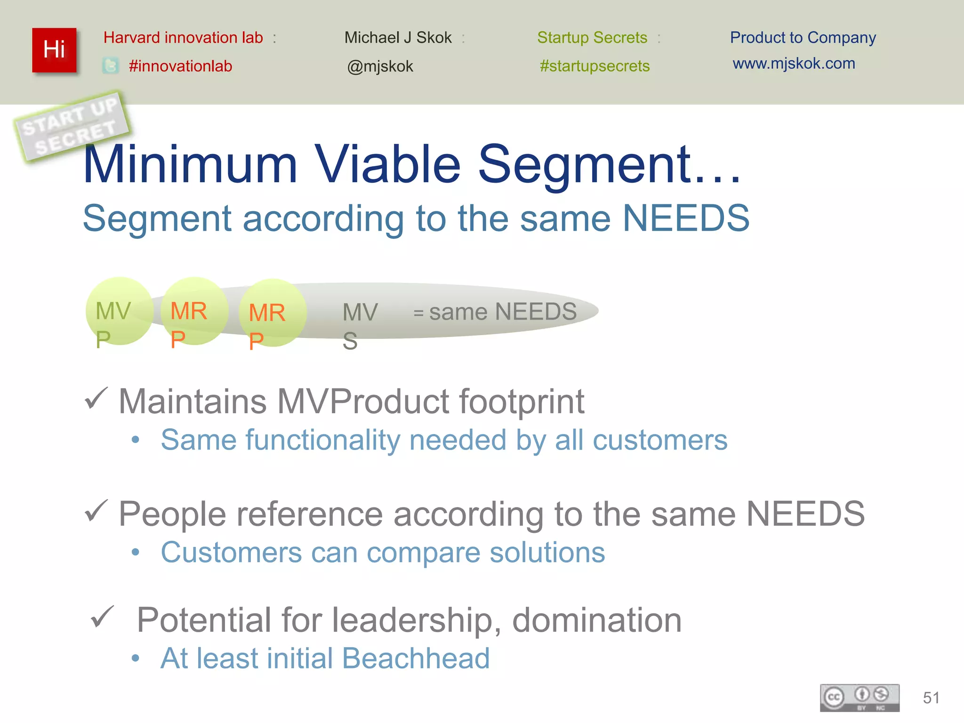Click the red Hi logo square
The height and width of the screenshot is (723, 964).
(54, 50)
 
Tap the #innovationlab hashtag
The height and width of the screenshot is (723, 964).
(180, 66)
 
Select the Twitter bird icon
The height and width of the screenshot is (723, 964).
(111, 65)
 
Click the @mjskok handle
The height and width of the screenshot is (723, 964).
(380, 66)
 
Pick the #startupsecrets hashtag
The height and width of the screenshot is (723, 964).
(594, 66)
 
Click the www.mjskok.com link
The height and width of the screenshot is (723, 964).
(794, 63)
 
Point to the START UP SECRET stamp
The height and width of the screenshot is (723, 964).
(72, 126)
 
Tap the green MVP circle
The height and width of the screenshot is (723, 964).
(120, 311)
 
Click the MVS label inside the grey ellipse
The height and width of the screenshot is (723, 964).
(360, 325)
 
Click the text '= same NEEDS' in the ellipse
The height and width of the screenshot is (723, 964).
(495, 312)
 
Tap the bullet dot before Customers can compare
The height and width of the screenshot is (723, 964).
(136, 552)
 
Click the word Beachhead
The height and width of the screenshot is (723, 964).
(416, 658)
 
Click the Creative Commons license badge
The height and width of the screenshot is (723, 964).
(859, 697)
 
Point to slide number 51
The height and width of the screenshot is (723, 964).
(931, 698)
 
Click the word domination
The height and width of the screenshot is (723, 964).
(596, 620)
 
